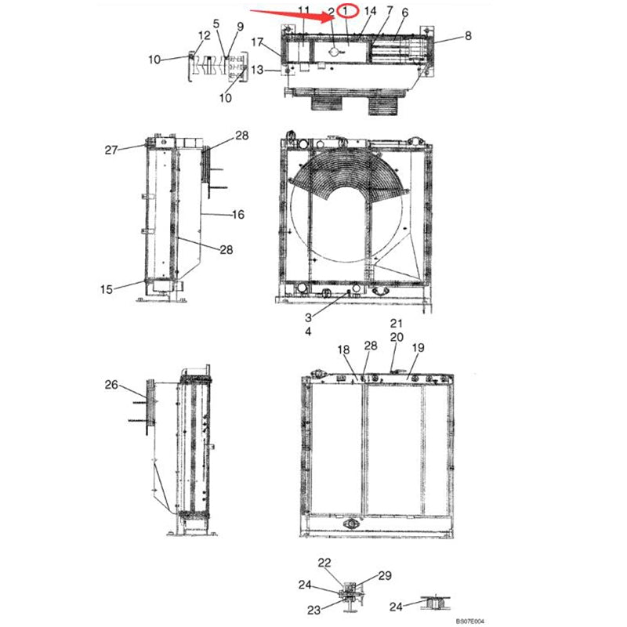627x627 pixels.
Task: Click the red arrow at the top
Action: (290, 14)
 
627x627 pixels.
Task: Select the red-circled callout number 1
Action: (346, 12)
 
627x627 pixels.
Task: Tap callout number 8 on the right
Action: (468, 35)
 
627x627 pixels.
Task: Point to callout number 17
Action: (258, 42)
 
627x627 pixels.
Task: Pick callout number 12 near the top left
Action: (204, 35)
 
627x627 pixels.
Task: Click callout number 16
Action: (238, 214)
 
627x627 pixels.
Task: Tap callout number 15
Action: (107, 289)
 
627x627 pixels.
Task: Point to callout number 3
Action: (309, 317)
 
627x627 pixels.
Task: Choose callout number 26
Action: (111, 384)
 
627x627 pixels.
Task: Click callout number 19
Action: (418, 347)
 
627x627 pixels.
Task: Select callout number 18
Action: (342, 349)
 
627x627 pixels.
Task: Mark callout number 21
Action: (396, 323)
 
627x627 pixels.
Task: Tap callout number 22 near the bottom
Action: (324, 563)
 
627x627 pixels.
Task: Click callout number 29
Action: (385, 576)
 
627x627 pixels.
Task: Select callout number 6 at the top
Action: (404, 13)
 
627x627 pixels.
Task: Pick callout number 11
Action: (304, 10)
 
